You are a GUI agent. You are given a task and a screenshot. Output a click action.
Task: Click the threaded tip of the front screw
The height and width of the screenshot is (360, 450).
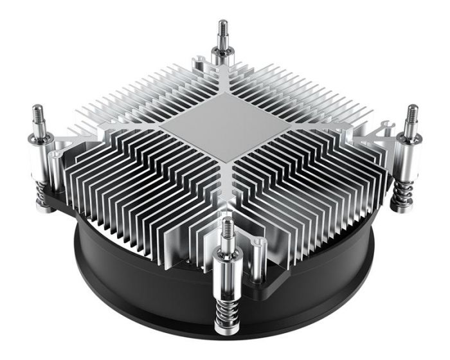pos(228,229)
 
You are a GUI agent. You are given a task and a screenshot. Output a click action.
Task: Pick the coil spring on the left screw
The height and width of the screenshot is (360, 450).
pos(42,193)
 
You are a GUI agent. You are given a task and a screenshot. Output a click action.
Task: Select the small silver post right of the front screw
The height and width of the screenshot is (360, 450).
pos(256,257)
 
